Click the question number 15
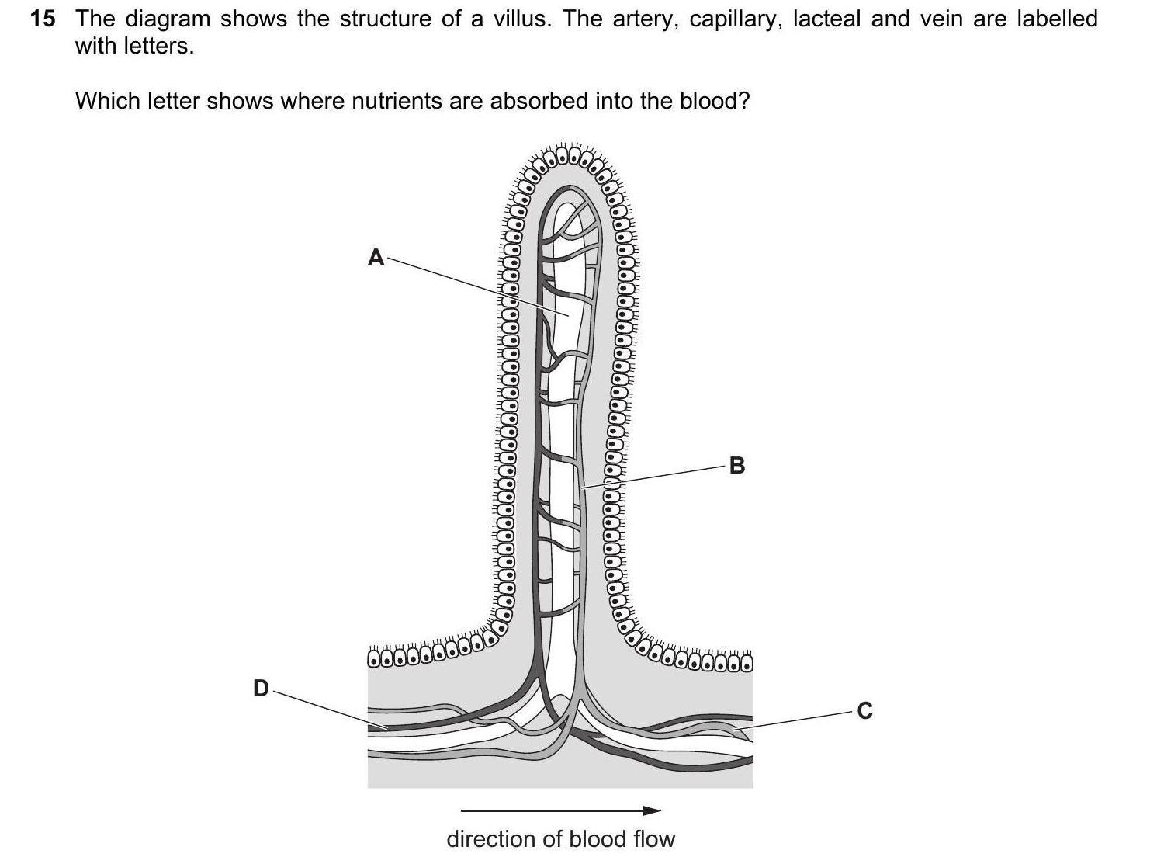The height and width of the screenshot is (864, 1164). [43, 19]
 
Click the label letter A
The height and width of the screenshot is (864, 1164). [376, 257]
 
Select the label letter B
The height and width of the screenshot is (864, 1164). [737, 466]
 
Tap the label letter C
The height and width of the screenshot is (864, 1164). [864, 710]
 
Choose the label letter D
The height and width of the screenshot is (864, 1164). [261, 688]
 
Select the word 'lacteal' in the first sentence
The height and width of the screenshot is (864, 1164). [826, 19]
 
